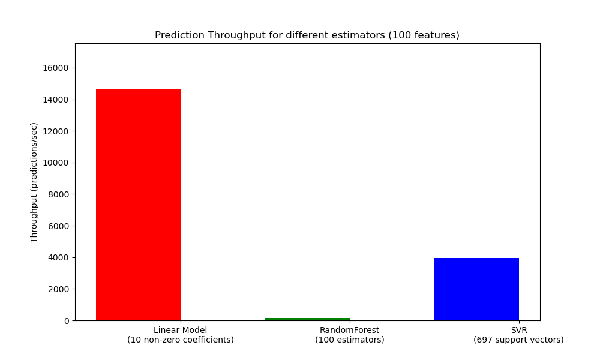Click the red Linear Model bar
[138, 205]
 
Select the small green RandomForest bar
[307, 319]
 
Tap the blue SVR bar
[476, 289]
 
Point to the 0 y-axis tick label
[65, 321]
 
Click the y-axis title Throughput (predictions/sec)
[34, 182]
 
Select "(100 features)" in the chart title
[424, 35]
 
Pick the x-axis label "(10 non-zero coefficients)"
[180, 340]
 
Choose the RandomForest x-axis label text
[349, 330]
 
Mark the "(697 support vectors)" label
[518, 340]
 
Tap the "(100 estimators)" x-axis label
[349, 340]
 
